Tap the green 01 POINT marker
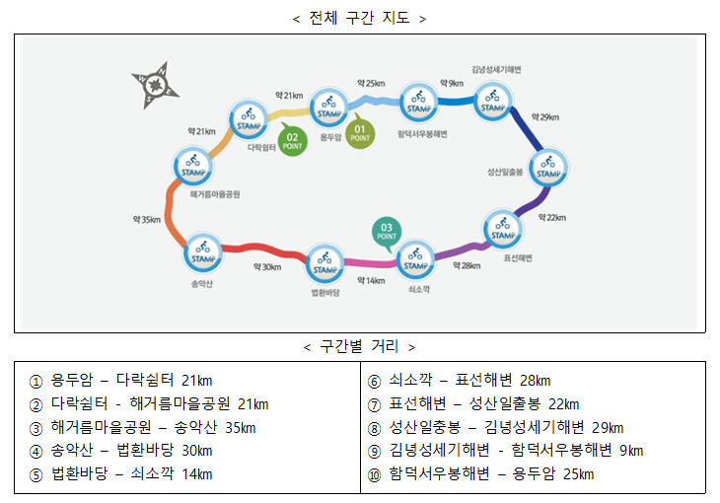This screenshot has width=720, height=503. (x=360, y=131)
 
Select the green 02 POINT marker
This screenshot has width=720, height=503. (x=292, y=141)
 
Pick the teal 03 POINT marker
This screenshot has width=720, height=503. (x=387, y=233)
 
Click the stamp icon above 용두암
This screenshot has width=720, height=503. (x=328, y=107)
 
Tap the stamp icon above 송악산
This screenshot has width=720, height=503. (x=203, y=252)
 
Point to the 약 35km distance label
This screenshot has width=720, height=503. (x=145, y=219)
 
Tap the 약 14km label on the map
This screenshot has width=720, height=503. (x=371, y=281)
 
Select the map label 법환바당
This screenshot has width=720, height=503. (x=324, y=293)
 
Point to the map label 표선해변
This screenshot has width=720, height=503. (x=517, y=257)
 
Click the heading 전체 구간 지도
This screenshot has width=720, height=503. (x=360, y=18)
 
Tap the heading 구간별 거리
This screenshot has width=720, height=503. (x=360, y=346)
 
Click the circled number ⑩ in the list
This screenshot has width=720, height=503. (x=375, y=473)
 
